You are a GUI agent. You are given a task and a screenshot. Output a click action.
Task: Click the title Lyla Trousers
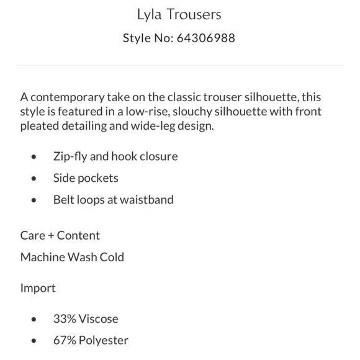point(179,14)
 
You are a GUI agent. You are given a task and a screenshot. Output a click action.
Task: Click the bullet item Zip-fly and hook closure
point(115,156)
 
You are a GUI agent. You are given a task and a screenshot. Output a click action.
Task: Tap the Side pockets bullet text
point(86,178)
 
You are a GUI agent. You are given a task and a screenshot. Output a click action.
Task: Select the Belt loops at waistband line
point(113,200)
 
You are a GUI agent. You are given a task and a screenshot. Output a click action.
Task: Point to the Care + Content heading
point(60,235)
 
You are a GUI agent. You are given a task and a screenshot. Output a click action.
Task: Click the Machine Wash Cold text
point(72,257)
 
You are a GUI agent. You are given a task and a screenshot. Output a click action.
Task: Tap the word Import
point(38,288)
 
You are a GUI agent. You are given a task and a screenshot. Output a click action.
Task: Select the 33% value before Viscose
point(65,319)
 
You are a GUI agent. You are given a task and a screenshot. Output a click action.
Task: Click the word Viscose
point(98,319)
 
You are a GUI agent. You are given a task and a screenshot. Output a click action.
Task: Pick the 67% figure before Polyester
point(65,341)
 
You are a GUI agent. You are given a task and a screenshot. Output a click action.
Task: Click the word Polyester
point(104,341)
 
